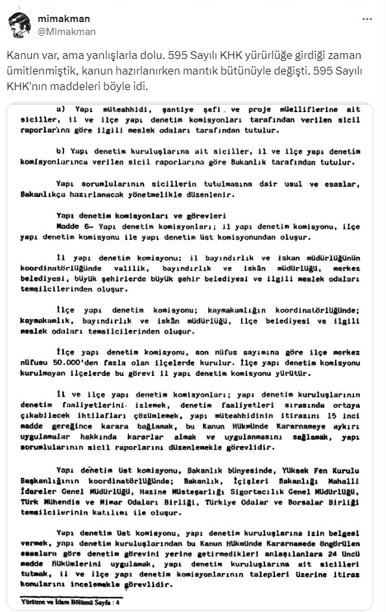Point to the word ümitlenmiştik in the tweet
point(38,70)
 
